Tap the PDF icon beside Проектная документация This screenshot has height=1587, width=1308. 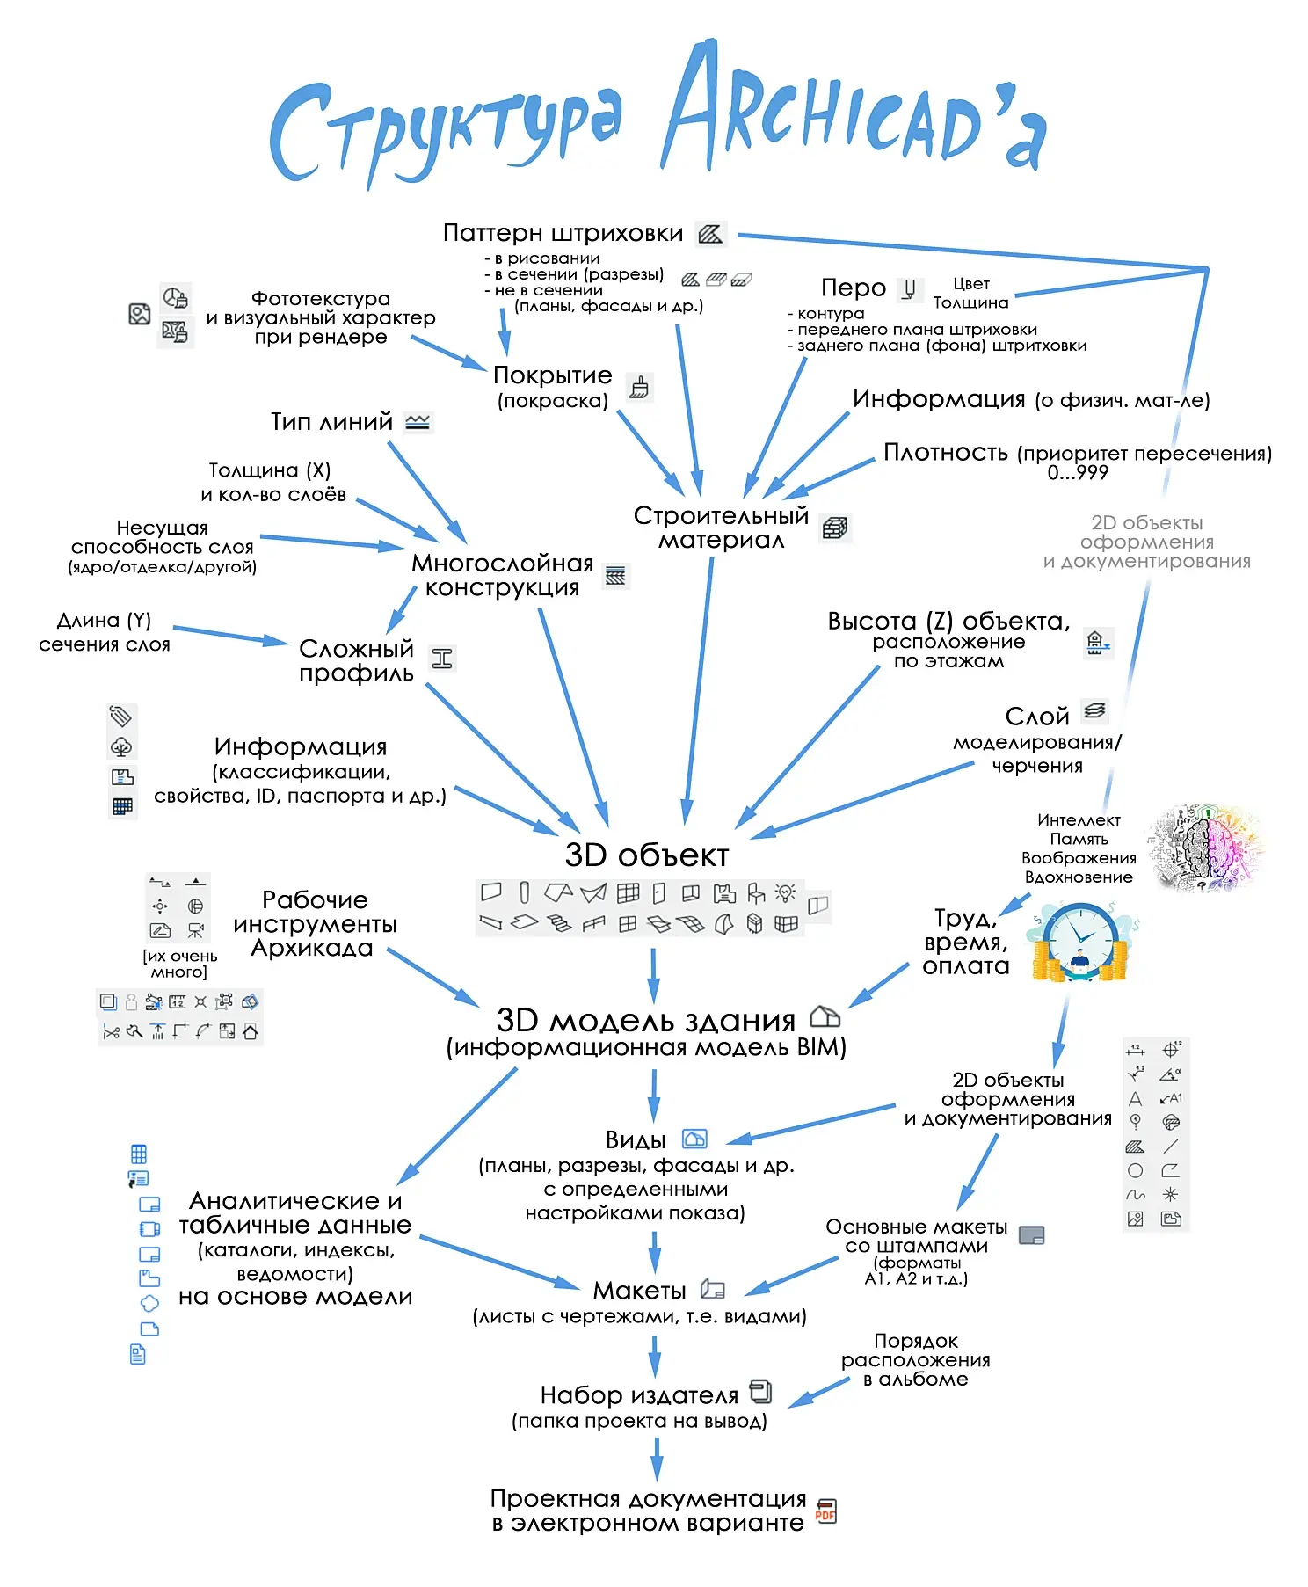pyautogui.click(x=825, y=1511)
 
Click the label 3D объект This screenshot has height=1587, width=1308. pyautogui.click(x=646, y=855)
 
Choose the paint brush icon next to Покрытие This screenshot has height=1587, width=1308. pyautogui.click(x=639, y=387)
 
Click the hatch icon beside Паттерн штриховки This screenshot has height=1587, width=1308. pyautogui.click(x=710, y=234)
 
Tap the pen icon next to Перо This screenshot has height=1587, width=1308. pyautogui.click(x=910, y=288)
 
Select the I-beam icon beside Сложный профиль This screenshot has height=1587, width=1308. pyautogui.click(x=442, y=659)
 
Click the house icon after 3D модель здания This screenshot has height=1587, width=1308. pyautogui.click(x=825, y=1017)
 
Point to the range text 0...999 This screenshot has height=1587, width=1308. pyautogui.click(x=1078, y=473)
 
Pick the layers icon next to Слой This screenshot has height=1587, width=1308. pyautogui.click(x=1094, y=710)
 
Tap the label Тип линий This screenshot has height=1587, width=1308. pyautogui.click(x=331, y=422)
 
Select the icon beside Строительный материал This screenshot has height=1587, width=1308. pyautogui.click(x=835, y=528)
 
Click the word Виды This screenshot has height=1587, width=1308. pyautogui.click(x=636, y=1140)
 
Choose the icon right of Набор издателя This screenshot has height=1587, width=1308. pyautogui.click(x=760, y=1392)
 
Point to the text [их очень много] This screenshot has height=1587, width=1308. pyautogui.click(x=179, y=964)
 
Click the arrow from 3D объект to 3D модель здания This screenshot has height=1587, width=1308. pyautogui.click(x=653, y=975)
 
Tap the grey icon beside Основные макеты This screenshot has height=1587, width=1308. pyautogui.click(x=1031, y=1235)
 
